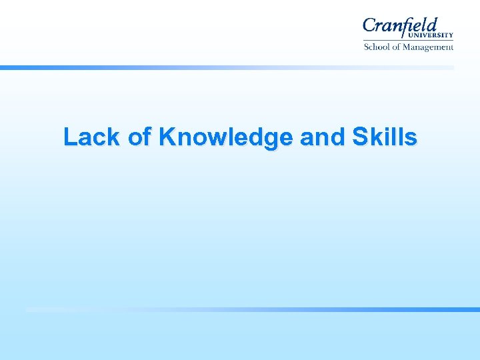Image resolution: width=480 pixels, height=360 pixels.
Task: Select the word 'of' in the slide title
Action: tap(139, 137)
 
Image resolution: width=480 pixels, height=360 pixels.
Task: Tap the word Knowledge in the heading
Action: tap(226, 137)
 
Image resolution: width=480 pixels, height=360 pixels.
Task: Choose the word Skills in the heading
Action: tap(384, 137)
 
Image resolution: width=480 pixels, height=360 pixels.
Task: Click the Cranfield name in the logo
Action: tap(400, 26)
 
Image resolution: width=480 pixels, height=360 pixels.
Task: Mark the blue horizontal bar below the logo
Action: tap(227, 67)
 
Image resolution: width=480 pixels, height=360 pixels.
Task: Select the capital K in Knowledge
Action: tap(167, 137)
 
